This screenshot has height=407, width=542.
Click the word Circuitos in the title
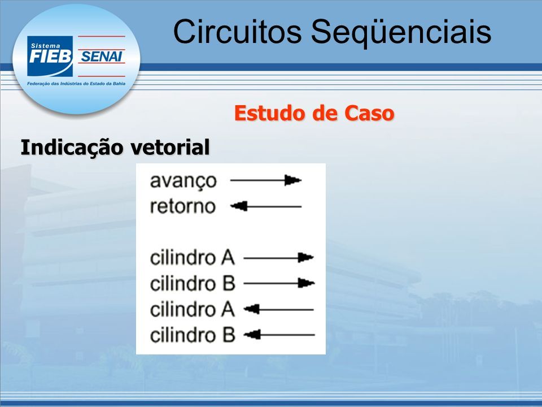(237, 32)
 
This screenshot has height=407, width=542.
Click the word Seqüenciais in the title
(401, 33)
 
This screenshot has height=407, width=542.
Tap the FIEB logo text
(50, 57)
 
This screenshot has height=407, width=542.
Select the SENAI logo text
(102, 57)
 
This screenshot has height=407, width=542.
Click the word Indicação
(72, 148)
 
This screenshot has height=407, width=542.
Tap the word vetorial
(170, 147)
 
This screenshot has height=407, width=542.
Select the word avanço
(183, 181)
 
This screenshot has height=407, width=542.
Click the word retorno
(183, 207)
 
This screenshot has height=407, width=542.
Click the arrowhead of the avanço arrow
(293, 180)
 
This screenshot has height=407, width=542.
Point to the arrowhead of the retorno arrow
(239, 207)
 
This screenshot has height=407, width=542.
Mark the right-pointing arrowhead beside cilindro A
(306, 258)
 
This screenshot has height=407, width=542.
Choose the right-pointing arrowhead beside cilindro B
(306, 283)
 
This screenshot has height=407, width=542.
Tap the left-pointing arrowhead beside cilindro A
(252, 309)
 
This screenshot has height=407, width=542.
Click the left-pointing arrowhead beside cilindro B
(252, 335)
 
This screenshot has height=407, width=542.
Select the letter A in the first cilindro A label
(228, 258)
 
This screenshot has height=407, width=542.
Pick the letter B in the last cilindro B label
(229, 335)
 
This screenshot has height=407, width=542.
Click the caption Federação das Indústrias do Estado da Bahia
(76, 84)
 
